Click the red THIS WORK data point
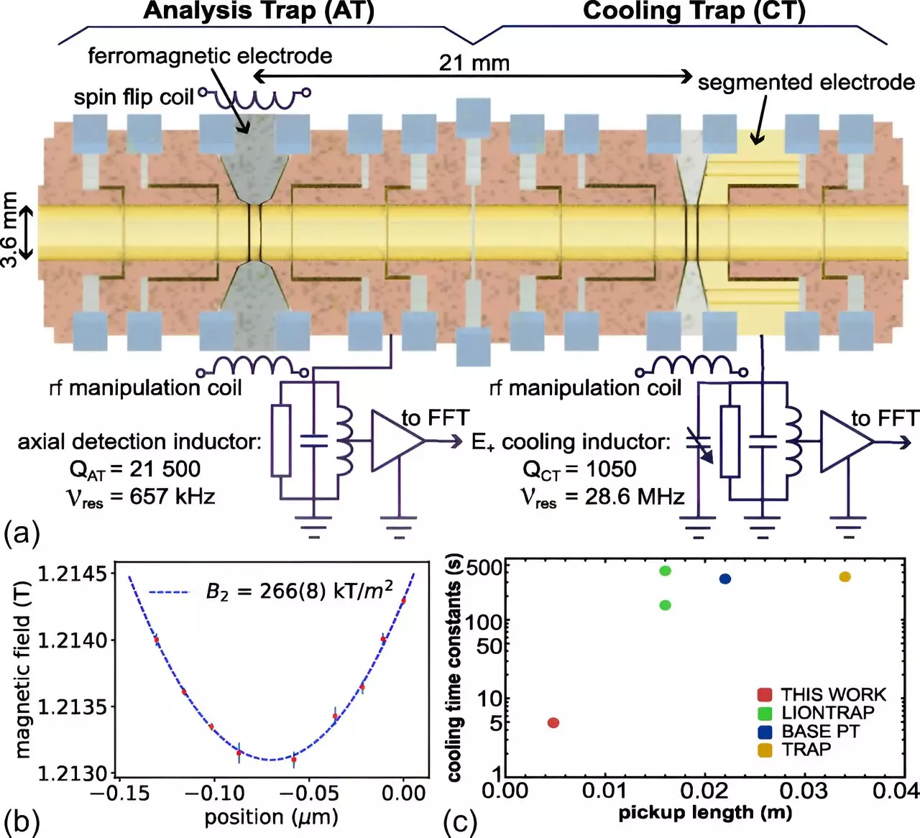(x=553, y=722)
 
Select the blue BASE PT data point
(x=724, y=579)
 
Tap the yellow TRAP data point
(x=845, y=576)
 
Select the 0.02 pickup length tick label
(x=704, y=791)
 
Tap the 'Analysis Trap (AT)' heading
(x=259, y=11)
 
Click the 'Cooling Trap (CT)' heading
(x=694, y=11)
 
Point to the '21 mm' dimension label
(x=474, y=63)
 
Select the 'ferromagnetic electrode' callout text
(x=210, y=56)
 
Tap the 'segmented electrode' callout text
(x=806, y=82)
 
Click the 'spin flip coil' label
(x=134, y=96)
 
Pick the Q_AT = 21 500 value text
(x=135, y=469)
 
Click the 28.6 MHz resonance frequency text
(x=634, y=496)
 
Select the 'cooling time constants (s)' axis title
(x=454, y=668)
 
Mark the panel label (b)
(x=22, y=821)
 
